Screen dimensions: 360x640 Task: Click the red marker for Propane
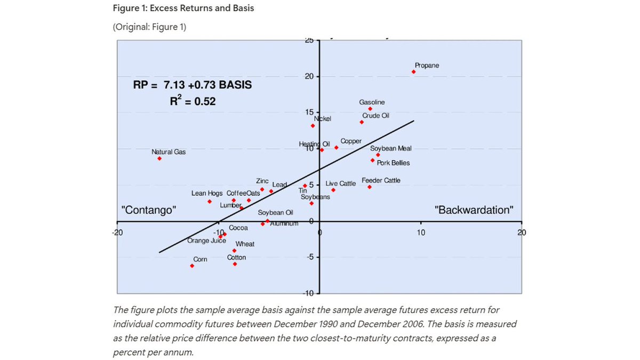tap(413, 71)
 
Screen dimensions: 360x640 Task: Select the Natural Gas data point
tap(159, 158)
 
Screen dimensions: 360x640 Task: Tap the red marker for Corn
tap(192, 266)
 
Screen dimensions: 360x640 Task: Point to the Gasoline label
tap(372, 102)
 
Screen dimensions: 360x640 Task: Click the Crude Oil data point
tap(362, 122)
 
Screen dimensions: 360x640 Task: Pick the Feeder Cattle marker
tap(369, 187)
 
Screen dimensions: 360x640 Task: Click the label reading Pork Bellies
tap(393, 163)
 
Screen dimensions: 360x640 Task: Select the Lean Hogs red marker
tap(210, 202)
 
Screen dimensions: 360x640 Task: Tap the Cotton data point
tap(235, 264)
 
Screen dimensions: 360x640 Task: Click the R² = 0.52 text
tap(193, 101)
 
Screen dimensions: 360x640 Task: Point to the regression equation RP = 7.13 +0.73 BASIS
tap(192, 85)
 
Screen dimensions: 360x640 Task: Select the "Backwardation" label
tap(474, 210)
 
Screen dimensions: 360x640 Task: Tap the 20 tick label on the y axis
tap(308, 77)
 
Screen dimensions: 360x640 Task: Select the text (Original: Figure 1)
tap(149, 27)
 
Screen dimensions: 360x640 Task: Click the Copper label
tap(351, 141)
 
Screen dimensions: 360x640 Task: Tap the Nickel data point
tap(313, 126)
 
